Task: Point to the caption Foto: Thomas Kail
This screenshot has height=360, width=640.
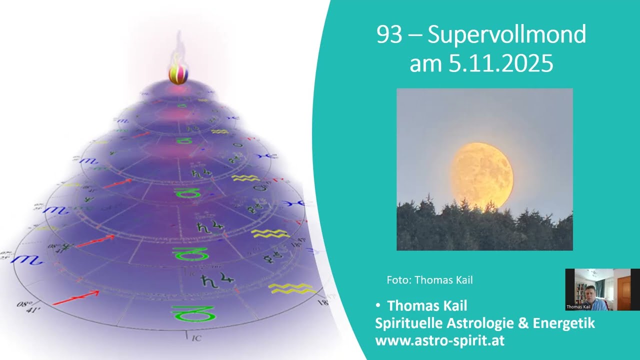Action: [x=429, y=280]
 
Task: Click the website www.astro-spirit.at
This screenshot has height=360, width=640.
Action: [x=440, y=341]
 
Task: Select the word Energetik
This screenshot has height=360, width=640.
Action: [x=563, y=323]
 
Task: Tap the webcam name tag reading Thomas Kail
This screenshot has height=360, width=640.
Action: [x=578, y=307]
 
